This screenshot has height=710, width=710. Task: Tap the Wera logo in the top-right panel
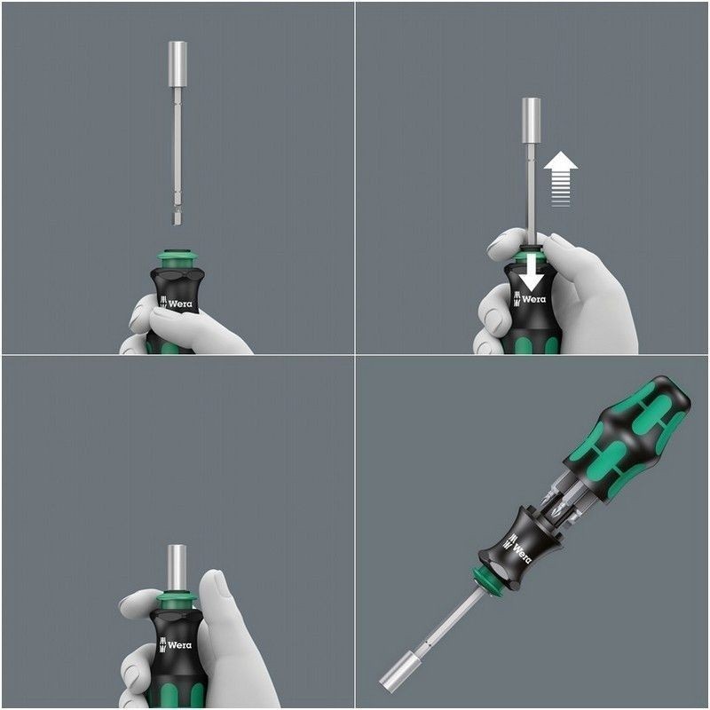coord(530,299)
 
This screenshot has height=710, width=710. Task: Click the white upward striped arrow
coord(560,177)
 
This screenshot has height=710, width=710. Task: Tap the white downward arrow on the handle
coord(531,271)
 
